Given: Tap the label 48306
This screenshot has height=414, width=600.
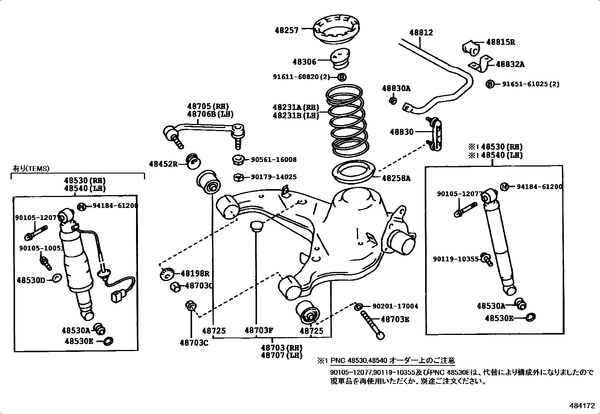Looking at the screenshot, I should [304, 61].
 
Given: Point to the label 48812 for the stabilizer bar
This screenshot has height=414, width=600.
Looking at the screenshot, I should [421, 32].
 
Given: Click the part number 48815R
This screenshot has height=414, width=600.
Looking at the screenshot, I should [500, 42].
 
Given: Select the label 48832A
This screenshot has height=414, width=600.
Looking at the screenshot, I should [510, 64].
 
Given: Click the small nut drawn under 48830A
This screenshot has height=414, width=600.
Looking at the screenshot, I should [393, 100].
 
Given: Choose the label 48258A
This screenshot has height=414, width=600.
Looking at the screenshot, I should [396, 178].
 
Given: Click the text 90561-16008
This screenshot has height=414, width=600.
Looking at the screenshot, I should [273, 160].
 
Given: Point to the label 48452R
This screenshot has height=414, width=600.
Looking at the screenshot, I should [163, 164].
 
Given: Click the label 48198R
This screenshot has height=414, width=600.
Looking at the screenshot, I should [194, 274].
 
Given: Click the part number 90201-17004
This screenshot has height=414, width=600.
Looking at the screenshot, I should [395, 306].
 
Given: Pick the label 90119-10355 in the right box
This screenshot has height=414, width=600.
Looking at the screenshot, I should [455, 259].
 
